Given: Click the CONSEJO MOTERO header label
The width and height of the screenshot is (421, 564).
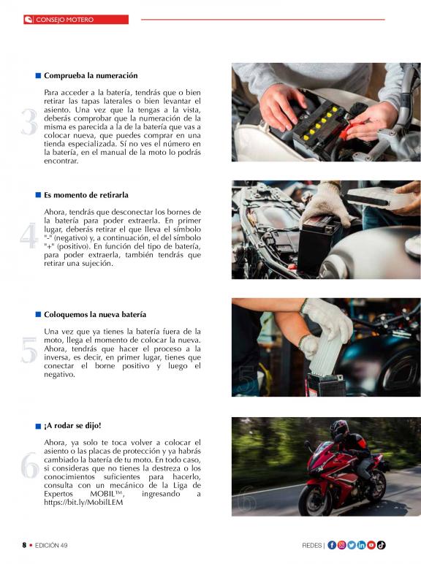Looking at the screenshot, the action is tap(65, 20).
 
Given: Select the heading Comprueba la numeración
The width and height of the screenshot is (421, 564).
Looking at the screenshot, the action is tap(91, 75).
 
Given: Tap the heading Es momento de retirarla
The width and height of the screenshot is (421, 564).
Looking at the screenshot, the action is tap(86, 195).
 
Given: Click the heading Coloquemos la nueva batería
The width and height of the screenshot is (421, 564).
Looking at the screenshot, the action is tap(95, 314).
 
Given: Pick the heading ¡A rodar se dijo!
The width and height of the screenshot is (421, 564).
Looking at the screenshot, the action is tap(72, 425).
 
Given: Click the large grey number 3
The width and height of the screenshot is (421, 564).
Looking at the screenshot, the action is tap(29, 122).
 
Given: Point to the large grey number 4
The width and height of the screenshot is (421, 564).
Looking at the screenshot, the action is tap(29, 235).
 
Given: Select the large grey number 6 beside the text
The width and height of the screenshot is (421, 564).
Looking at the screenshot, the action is tap(29, 465).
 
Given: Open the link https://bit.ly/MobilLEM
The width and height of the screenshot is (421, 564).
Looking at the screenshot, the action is tap(83, 503).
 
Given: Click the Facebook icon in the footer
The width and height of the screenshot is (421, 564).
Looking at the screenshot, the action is tap(332, 545).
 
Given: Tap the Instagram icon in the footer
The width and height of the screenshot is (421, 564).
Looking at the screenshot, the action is tap(341, 545).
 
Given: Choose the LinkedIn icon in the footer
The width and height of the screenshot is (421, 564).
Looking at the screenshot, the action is tap(361, 545).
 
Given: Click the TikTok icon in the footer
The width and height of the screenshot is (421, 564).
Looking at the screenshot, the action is tap(381, 545).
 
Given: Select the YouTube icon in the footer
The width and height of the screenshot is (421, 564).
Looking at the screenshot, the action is tap(371, 545).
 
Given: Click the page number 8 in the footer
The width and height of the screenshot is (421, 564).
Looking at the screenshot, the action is tap(24, 545).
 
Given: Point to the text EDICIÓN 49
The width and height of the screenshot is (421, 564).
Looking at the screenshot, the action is tap(51, 545).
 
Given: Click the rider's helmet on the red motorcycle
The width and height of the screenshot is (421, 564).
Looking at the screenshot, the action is tap(339, 429).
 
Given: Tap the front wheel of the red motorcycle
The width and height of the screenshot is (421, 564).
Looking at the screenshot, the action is tap(313, 497).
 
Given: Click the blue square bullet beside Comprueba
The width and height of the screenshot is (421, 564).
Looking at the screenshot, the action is tap(38, 75).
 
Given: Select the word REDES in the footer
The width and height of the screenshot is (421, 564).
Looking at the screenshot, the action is tap(311, 546).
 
